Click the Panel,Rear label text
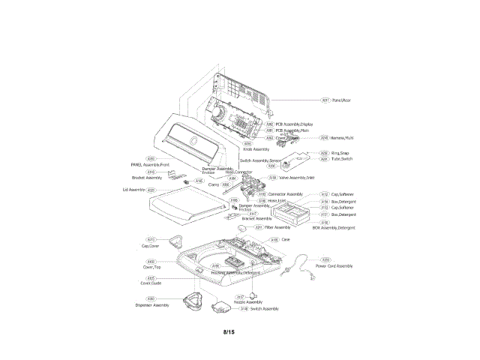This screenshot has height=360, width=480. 342,100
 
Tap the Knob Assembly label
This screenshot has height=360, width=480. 256,149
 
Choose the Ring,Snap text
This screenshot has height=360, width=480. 340,153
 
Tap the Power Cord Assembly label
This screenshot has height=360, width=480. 334,266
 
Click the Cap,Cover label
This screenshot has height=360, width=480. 150,246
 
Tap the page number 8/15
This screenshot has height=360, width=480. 229,331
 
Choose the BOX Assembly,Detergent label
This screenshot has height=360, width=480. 333,227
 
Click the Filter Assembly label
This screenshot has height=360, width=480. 277,227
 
